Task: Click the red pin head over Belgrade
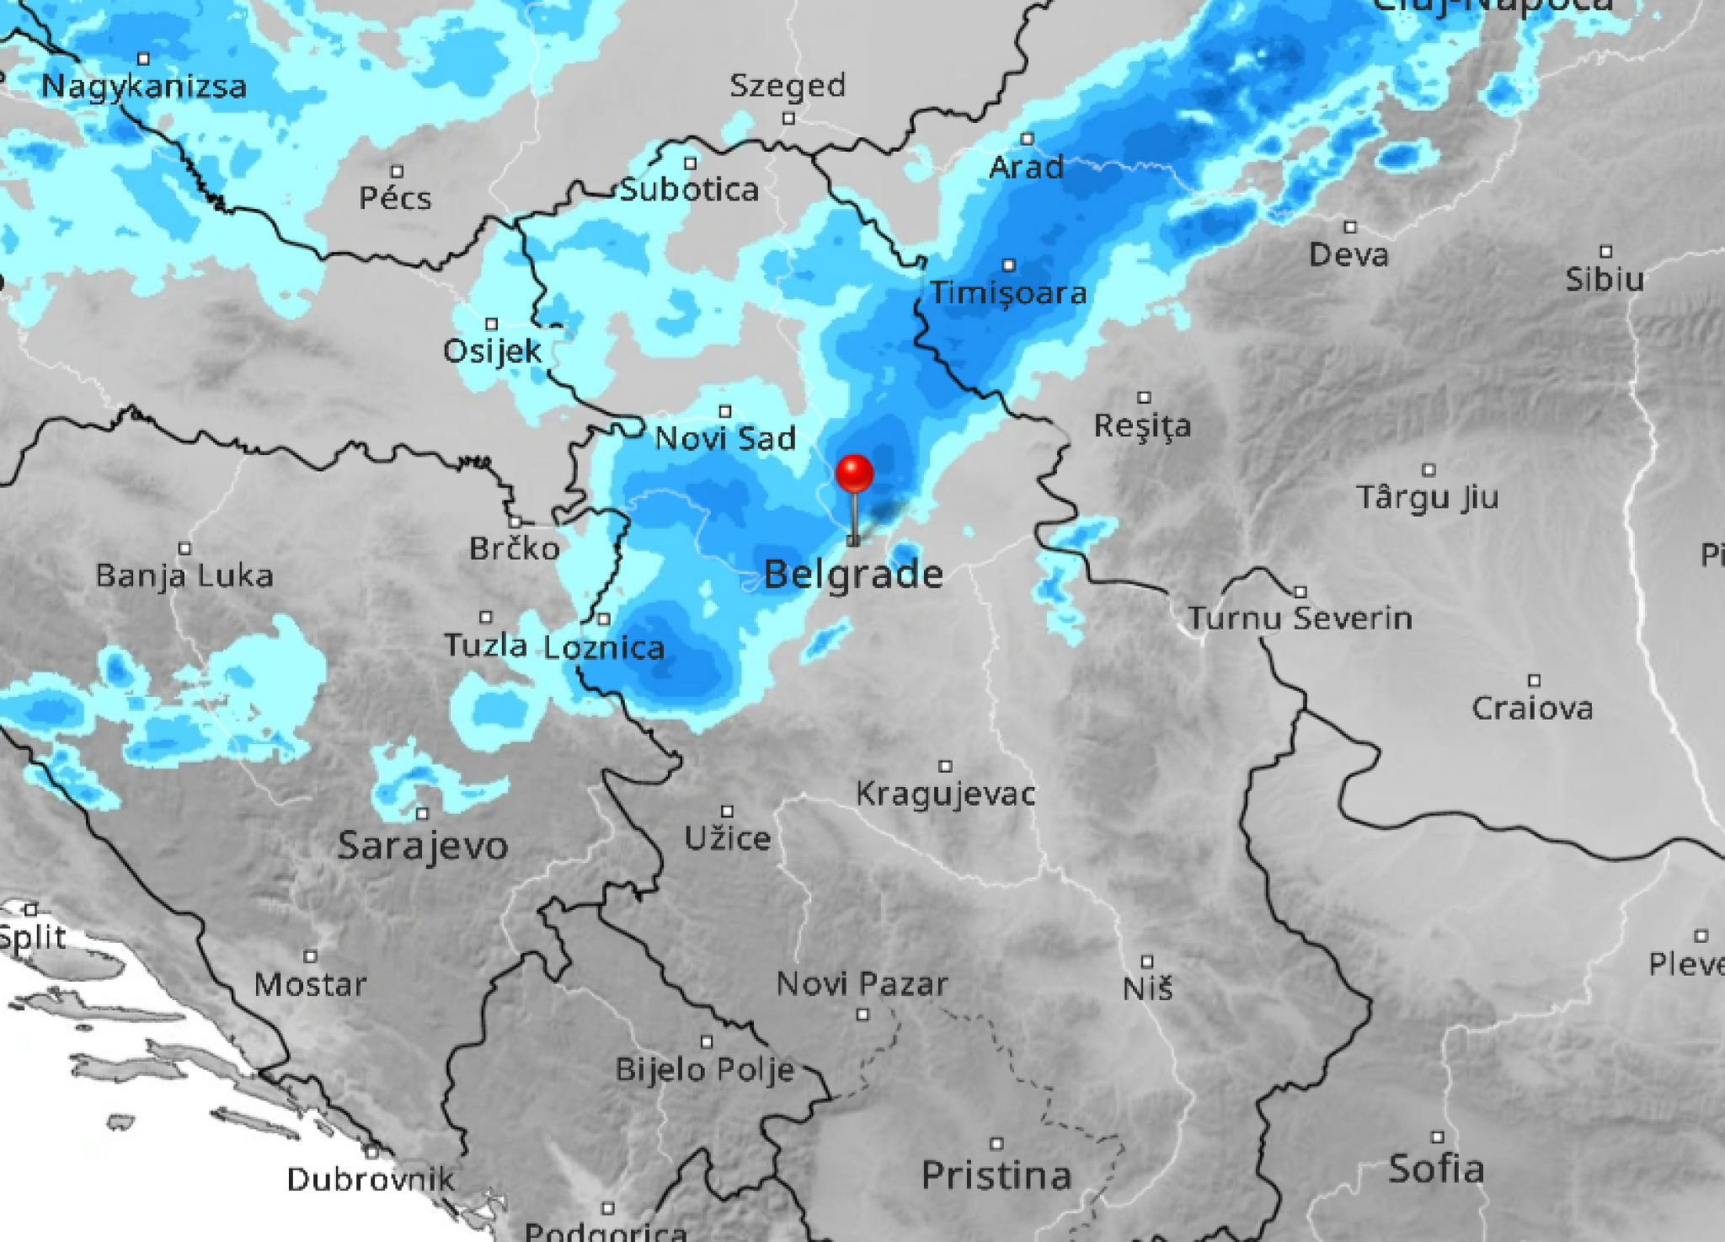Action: coord(854,473)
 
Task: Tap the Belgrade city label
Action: coord(853,575)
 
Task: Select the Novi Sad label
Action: coord(725,438)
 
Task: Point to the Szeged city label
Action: coord(788,85)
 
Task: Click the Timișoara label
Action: coord(1008,293)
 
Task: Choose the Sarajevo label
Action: coord(423,845)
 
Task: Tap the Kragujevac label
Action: coord(946,794)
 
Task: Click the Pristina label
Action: coord(996,1175)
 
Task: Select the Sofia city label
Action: coord(1436,1169)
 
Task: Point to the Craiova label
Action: coord(1532,708)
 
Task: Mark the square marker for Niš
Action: coord(1147,961)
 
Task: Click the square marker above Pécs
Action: coord(397,172)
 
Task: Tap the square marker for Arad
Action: coord(1027,139)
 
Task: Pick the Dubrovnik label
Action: coord(371,1179)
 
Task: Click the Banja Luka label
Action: coord(184,576)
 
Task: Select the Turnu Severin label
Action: coord(1300,618)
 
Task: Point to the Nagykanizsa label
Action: coord(144,86)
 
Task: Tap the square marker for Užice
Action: coord(727,811)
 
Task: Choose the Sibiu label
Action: coord(1605,279)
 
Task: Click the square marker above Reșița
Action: coord(1144,398)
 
